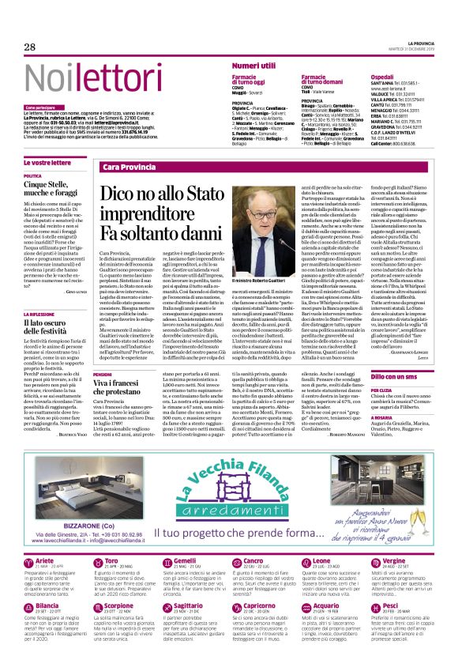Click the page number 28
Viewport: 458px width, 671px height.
pos(29,47)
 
